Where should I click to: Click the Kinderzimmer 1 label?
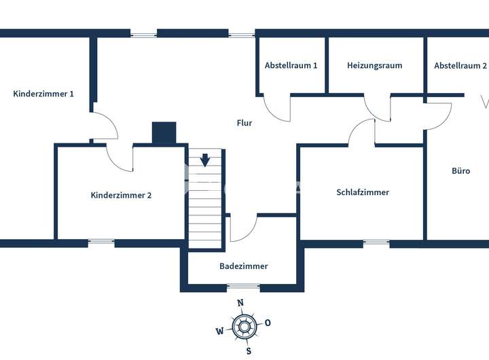43,94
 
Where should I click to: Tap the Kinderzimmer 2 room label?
121,195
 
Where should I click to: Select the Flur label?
244,123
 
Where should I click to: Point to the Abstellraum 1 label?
291,66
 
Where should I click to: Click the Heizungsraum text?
374,66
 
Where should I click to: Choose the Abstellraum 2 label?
460,66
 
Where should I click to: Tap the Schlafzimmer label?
363,192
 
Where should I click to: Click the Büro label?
460,171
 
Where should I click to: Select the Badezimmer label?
243,266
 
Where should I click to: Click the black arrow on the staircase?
205,160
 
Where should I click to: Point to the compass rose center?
243,327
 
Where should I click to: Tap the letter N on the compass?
240,304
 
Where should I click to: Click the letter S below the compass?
249,351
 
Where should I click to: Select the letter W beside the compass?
219,331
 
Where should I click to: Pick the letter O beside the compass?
268,323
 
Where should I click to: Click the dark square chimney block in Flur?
164,133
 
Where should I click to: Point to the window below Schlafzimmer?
376,242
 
